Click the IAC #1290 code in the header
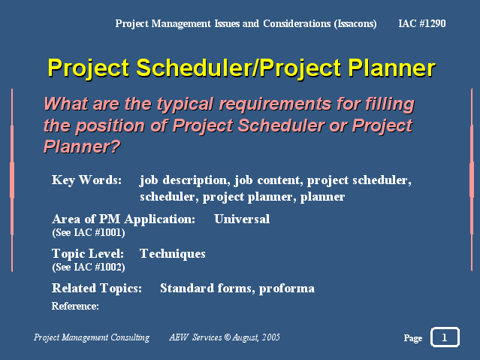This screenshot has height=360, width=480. [422, 23]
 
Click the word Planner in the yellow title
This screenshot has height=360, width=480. [392, 68]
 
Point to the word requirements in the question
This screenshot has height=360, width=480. [276, 104]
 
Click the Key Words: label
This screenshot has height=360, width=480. [86, 180]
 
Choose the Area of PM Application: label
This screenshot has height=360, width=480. [123, 219]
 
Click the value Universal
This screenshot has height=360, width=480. [242, 219]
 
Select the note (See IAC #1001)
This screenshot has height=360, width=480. [89, 232]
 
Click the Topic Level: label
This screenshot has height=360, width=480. [88, 254]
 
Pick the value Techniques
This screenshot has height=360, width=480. [172, 254]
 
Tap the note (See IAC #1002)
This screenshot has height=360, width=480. [89, 267]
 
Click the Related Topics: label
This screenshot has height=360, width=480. [97, 289]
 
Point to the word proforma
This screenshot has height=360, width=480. [286, 289]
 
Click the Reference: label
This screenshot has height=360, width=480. [75, 306]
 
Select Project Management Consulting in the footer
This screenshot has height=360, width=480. [92, 337]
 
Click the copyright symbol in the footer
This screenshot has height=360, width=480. [227, 337]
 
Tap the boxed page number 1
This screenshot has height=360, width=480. [445, 337]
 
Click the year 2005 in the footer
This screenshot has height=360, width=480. [271, 337]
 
